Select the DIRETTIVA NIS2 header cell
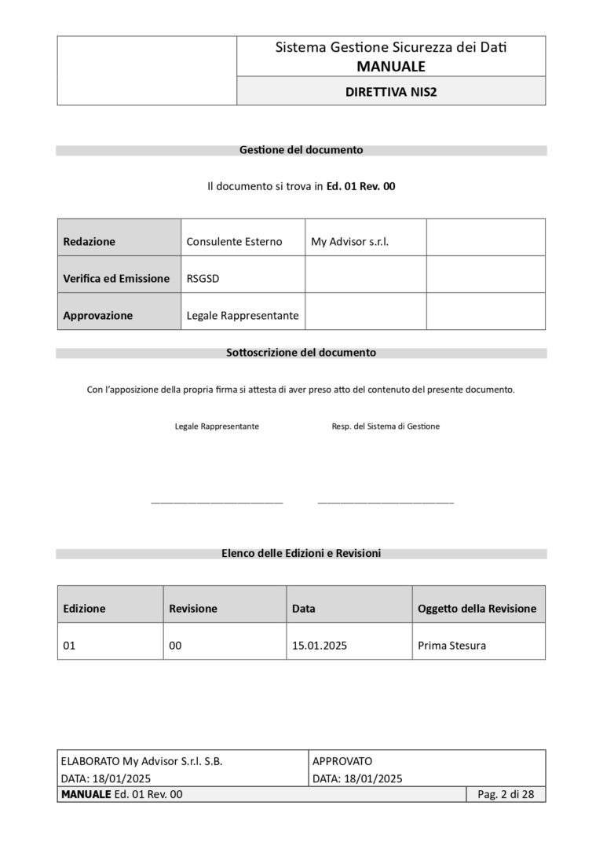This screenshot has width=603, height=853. pos(390,91)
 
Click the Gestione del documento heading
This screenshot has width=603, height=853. pos(301,149)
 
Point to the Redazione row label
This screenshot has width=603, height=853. pos(89,242)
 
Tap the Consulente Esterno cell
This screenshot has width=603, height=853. pos(234,242)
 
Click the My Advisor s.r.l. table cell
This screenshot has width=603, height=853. pos(349,242)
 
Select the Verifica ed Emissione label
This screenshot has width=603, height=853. pos(116,279)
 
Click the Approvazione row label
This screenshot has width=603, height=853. pos(97,316)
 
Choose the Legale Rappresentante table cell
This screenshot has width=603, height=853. pos(243,316)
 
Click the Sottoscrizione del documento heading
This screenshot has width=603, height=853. pos(301,353)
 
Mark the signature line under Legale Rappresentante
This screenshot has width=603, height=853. pos(217,501)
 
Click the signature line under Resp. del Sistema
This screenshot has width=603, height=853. pos(386,501)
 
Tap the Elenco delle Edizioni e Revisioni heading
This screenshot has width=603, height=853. pos(301,554)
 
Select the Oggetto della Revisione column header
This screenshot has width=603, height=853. pos(477,609)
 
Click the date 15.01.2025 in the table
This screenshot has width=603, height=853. pos(320,646)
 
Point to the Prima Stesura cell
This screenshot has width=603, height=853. pos(451,646)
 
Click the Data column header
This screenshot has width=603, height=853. pos(303,609)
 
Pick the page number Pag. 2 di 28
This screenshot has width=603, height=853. pos(506,795)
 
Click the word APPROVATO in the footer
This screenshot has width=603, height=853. pos(342,761)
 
